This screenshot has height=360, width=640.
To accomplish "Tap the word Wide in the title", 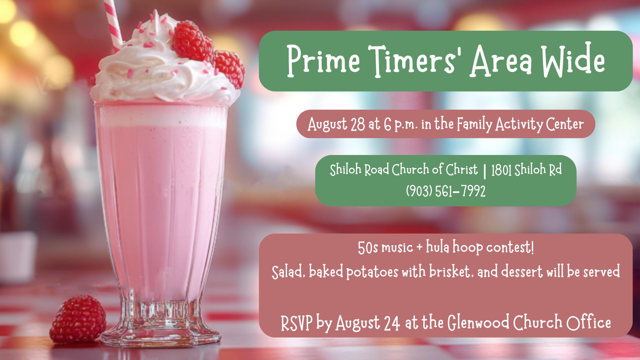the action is pyautogui.click(x=573, y=60).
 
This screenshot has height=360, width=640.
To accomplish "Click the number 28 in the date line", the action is pyautogui.click(x=358, y=124).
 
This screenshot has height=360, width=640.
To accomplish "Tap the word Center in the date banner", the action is pyautogui.click(x=565, y=124).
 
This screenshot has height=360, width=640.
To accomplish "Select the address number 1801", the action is pyautogui.click(x=501, y=170).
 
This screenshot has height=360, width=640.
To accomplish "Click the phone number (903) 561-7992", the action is pyautogui.click(x=446, y=191).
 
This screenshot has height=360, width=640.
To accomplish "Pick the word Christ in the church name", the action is pyautogui.click(x=462, y=169).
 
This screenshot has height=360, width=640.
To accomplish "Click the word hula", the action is pyautogui.click(x=438, y=247).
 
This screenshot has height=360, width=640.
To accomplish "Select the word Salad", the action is pyautogui.click(x=288, y=272).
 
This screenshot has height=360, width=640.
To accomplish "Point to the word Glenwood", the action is pyautogui.click(x=478, y=322).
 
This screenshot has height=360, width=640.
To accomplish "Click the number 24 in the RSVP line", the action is pyautogui.click(x=392, y=323).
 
